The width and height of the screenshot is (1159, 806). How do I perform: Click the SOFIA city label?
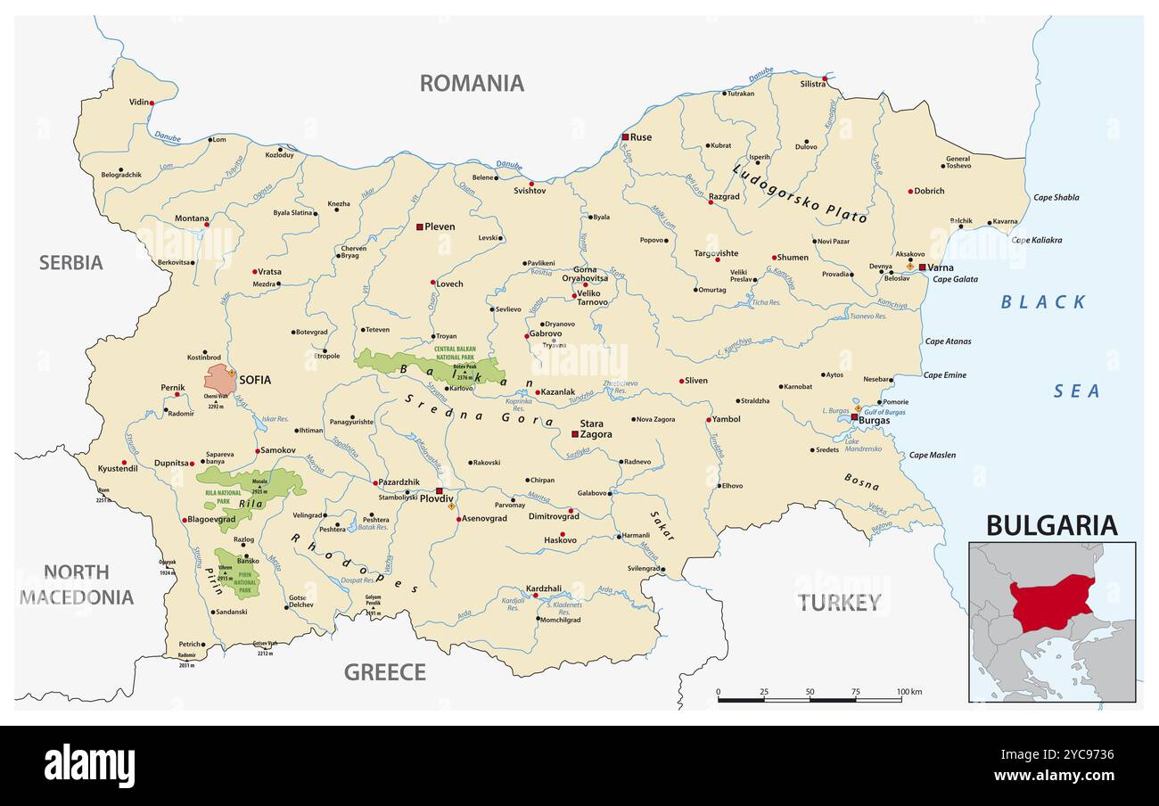[x=254, y=380]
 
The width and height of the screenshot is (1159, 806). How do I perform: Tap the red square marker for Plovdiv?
[x=440, y=491]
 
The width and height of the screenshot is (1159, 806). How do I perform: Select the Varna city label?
[x=940, y=267]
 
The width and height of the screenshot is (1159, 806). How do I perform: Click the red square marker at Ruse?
[x=625, y=137]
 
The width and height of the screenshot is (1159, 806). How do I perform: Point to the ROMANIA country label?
[x=472, y=83]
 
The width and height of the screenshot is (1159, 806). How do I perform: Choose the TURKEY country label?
[x=839, y=603]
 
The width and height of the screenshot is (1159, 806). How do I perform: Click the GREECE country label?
[x=385, y=672]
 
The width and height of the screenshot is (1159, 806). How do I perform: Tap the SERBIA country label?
[x=70, y=262]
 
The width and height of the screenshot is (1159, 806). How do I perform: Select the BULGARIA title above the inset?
[x=1051, y=525]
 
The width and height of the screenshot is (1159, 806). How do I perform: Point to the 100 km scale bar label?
[x=909, y=692]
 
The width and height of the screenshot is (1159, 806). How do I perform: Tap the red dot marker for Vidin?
[x=152, y=103]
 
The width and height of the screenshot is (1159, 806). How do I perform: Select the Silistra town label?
[x=812, y=84]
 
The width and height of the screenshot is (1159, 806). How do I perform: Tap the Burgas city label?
[x=874, y=420]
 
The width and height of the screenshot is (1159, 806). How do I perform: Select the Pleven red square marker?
[x=419, y=227]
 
